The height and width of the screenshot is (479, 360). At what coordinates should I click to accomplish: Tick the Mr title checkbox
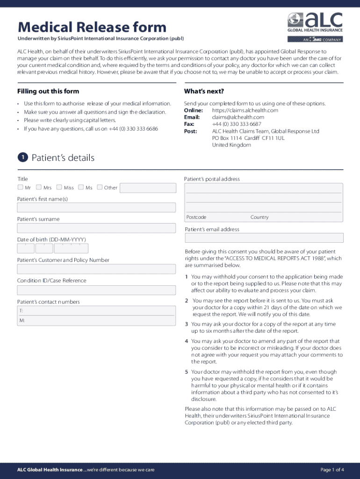click(21, 188)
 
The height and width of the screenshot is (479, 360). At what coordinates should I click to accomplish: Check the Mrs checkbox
click(39, 188)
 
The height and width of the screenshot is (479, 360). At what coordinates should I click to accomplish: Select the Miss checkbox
click(59, 188)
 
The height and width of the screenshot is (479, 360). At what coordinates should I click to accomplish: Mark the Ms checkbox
click(81, 188)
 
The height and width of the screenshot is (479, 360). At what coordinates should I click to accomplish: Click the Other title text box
click(148, 188)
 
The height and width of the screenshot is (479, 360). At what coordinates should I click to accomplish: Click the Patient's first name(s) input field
click(96, 208)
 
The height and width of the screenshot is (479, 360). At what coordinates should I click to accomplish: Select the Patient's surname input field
click(96, 228)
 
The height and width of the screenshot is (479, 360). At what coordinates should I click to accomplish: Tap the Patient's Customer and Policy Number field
click(96, 269)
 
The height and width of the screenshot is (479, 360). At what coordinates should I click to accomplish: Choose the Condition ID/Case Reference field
click(96, 290)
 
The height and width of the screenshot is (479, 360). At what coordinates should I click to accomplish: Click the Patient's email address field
click(264, 238)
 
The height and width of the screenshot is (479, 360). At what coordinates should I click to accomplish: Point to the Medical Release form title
click(92, 27)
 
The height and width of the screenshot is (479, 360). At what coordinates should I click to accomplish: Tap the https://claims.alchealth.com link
click(245, 110)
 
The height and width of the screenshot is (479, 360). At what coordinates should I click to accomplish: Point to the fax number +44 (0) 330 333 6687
click(237, 124)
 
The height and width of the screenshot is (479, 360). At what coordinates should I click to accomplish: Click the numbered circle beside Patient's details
click(22, 158)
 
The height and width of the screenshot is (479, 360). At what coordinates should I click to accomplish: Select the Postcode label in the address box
click(196, 218)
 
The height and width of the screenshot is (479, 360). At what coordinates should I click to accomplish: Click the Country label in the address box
click(259, 218)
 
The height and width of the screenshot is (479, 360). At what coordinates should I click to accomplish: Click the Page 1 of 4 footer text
click(332, 470)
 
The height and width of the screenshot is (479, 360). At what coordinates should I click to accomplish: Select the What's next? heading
click(204, 91)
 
